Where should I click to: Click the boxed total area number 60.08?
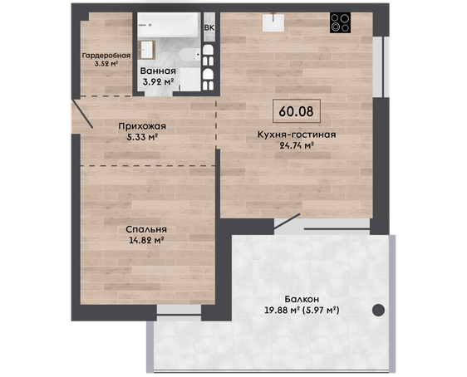click(297, 111)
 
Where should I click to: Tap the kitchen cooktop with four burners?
click(340, 22)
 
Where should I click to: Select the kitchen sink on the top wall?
click(273, 22)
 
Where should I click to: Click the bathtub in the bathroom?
click(169, 25)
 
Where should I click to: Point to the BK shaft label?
click(209, 27)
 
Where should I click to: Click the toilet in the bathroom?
click(189, 54)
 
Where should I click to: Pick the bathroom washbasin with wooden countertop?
click(147, 50)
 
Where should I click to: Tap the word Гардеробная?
click(106, 56)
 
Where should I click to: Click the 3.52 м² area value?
click(106, 63)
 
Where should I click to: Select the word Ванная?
click(158, 71)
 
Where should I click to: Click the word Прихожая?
click(142, 126)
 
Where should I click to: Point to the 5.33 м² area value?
click(142, 137)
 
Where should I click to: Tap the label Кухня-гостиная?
click(297, 135)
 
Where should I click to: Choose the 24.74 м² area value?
click(297, 145)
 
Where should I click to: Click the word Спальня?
click(146, 229)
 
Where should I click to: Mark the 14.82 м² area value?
click(147, 240)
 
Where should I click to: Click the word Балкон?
click(302, 299)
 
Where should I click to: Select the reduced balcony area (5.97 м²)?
click(321, 311)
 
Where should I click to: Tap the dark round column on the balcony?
click(379, 310)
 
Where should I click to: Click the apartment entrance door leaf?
click(82, 114)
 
